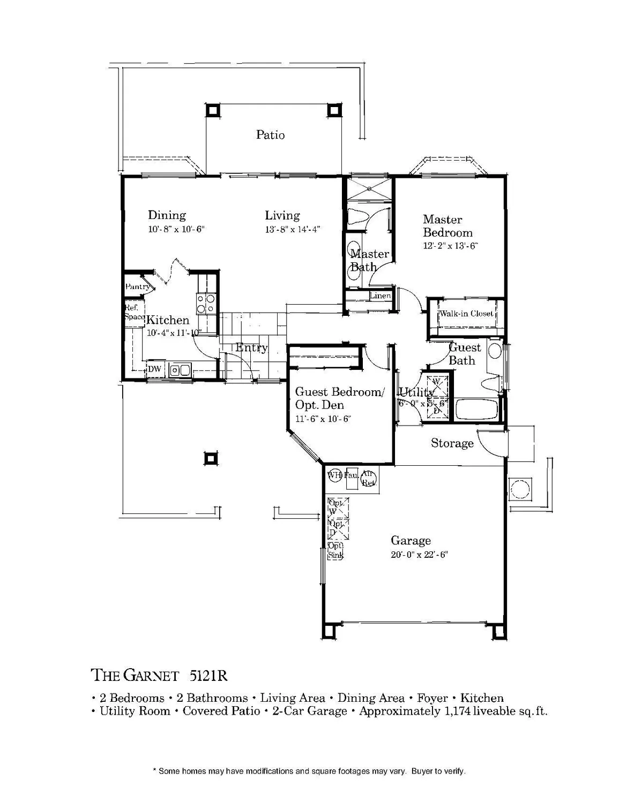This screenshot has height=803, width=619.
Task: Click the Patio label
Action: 270,135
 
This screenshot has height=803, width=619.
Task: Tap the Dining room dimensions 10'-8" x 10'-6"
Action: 176,229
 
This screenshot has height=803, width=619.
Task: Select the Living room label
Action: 282,216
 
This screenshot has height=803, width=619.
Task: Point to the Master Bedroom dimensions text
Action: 450,246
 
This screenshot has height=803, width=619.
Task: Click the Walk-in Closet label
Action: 466,314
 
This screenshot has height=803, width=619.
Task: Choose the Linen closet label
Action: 380,296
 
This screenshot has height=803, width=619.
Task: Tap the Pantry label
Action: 137,287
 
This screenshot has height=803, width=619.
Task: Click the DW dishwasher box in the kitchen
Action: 154,369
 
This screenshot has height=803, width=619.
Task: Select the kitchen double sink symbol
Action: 180,369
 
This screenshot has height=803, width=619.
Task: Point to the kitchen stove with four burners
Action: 206,304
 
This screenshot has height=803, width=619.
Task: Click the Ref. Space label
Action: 134,312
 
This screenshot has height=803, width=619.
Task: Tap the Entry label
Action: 251,348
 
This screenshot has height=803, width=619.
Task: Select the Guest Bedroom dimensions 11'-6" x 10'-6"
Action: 323,419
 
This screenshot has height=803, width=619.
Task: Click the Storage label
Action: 452,443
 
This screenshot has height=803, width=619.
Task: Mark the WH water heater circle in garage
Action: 334,475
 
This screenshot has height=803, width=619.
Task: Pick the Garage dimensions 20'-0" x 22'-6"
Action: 419,555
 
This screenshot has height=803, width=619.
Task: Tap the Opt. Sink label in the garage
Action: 335,550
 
